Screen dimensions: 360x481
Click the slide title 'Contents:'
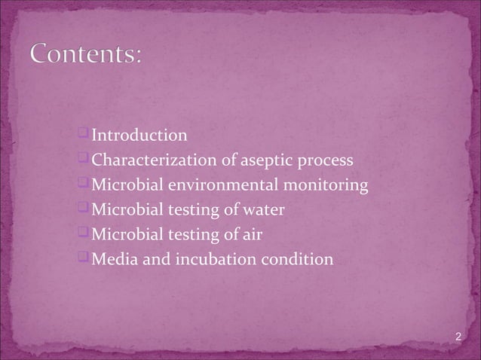pos(85,56)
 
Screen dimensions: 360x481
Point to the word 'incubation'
pos(203,261)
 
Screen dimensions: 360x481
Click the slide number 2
pos(459,335)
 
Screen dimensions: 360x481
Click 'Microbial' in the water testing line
pos(124,211)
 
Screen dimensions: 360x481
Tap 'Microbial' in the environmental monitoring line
pos(124,186)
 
